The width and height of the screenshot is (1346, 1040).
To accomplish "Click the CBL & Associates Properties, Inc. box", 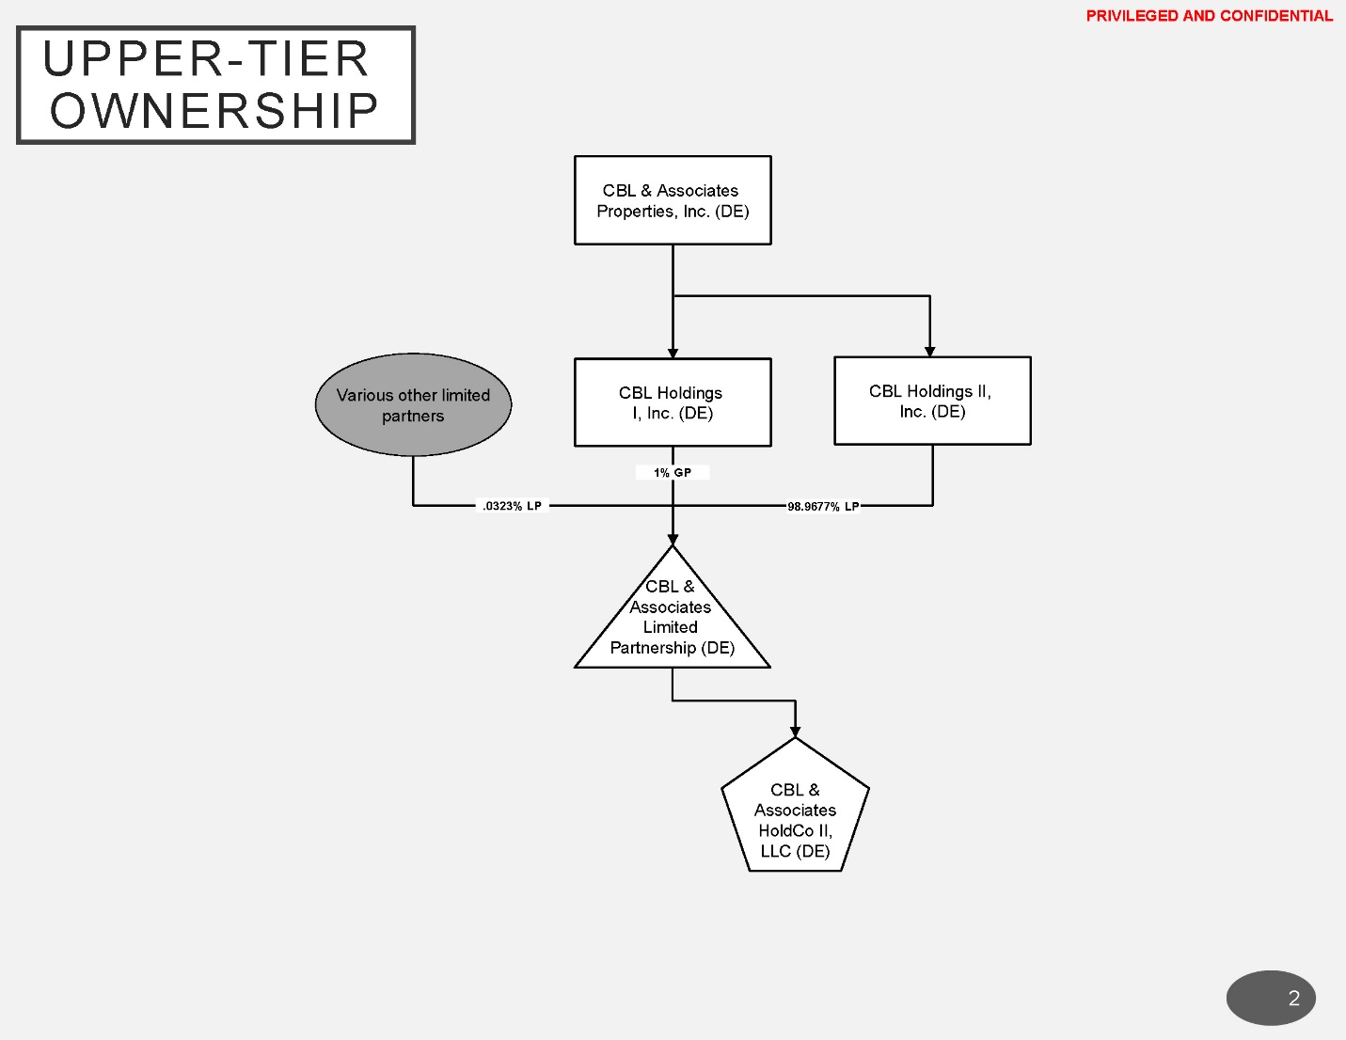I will pyautogui.click(x=673, y=200).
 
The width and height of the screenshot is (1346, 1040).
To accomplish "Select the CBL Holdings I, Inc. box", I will pyautogui.click(x=673, y=402).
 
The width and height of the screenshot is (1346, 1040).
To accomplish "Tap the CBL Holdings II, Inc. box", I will pyautogui.click(x=932, y=401).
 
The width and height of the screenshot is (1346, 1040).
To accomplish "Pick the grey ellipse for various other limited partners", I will pyautogui.click(x=413, y=405).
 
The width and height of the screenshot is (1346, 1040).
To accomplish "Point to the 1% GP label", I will pyautogui.click(x=673, y=473).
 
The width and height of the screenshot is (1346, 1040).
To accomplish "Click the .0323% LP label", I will pyautogui.click(x=512, y=506).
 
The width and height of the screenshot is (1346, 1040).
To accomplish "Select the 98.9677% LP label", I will pyautogui.click(x=823, y=507).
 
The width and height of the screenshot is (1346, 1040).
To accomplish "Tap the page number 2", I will pyautogui.click(x=1293, y=999).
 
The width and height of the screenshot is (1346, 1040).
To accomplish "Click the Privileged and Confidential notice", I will pyautogui.click(x=1209, y=16).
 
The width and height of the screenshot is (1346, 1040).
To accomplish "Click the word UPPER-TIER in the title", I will pyautogui.click(x=206, y=59).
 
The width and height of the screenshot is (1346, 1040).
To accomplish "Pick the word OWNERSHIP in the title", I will pyautogui.click(x=214, y=111).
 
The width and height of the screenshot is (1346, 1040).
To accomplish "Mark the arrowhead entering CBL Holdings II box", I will pyautogui.click(x=929, y=352).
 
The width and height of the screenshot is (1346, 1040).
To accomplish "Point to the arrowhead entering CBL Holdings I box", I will pyautogui.click(x=673, y=354).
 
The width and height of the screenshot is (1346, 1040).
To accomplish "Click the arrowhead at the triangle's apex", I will pyautogui.click(x=673, y=540).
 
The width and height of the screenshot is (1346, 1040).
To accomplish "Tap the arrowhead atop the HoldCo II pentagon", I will pyautogui.click(x=795, y=732).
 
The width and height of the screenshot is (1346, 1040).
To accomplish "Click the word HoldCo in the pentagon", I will pyautogui.click(x=785, y=831).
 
